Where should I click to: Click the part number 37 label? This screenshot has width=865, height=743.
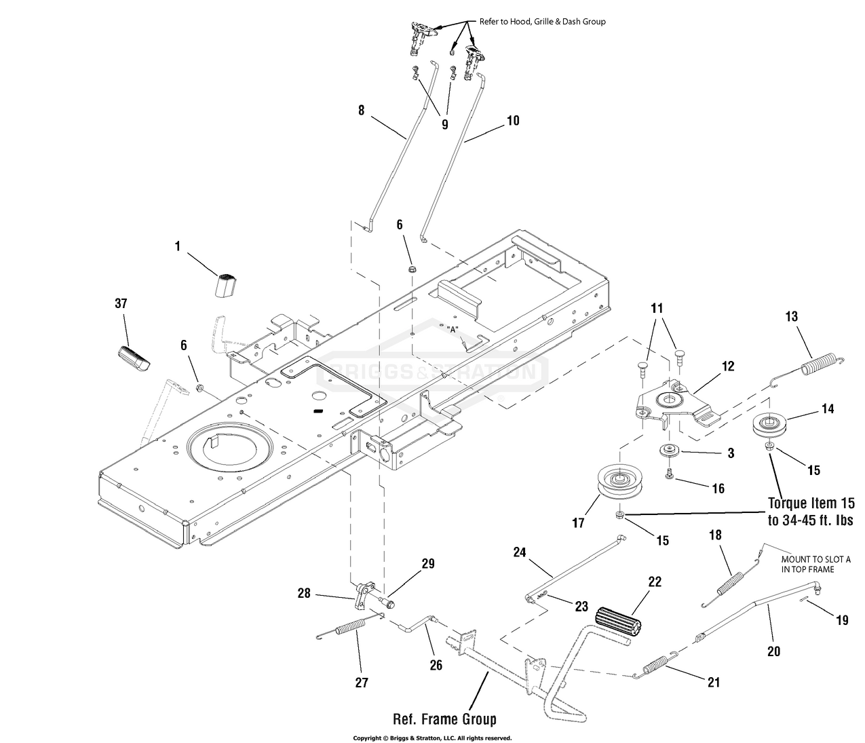(121, 303)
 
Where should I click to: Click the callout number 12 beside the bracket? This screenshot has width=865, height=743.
(728, 366)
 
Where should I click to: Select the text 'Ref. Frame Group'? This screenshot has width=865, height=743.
(444, 719)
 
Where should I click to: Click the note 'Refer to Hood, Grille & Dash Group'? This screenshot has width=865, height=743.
(542, 21)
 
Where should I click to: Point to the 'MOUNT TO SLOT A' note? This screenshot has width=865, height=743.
(815, 559)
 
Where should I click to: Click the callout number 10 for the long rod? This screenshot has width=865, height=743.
(513, 121)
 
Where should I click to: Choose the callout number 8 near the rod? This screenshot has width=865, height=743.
(361, 111)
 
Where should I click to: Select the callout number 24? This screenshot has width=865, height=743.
(519, 552)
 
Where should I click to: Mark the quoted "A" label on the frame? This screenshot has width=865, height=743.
(452, 330)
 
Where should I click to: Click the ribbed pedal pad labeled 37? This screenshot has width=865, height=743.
(133, 358)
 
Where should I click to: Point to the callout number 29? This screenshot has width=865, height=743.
(427, 563)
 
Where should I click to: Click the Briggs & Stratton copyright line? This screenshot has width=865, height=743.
(432, 738)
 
